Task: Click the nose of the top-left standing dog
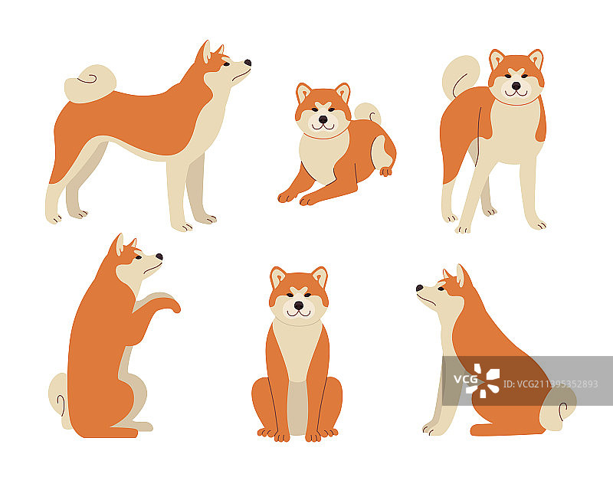247,63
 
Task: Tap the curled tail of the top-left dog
90,83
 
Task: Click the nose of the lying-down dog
323,119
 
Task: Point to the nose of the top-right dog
516,86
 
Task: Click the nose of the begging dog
159,257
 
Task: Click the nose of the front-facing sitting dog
298,305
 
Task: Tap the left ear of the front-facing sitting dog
277,277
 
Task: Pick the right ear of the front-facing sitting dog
320,276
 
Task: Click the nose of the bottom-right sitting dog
420,289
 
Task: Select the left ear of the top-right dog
497,59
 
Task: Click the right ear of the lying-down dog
342,93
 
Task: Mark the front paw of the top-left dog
182,226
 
